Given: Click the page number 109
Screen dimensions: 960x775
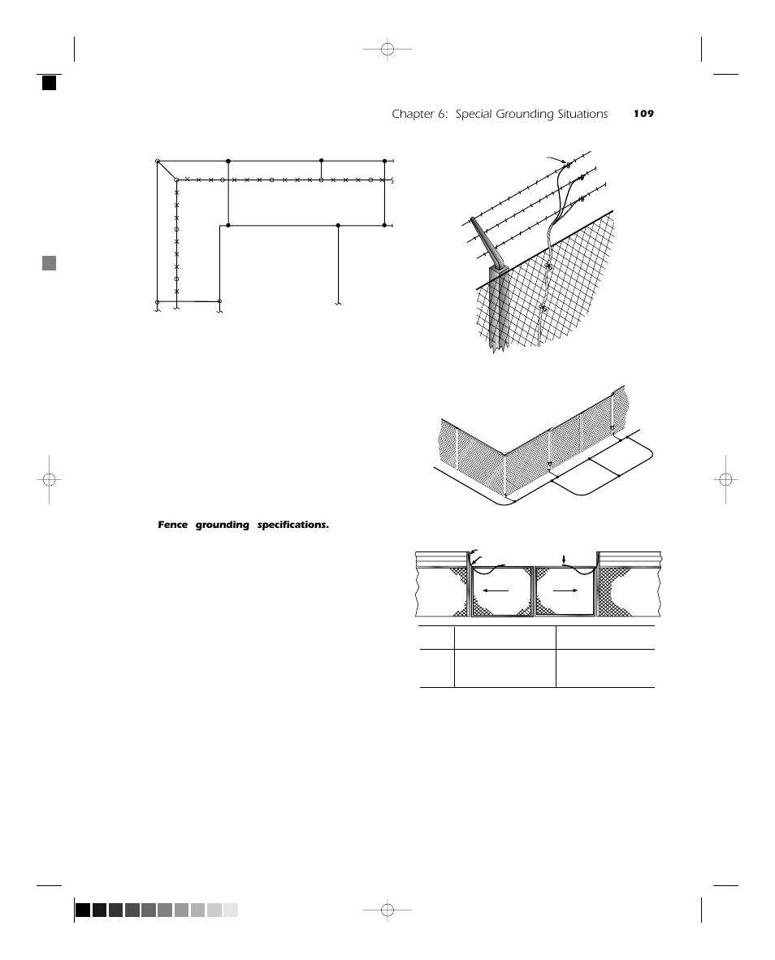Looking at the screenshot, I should pyautogui.click(x=643, y=115).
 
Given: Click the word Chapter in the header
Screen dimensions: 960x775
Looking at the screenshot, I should pyautogui.click(x=412, y=115).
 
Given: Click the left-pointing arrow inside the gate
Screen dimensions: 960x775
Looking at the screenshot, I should pyautogui.click(x=496, y=590).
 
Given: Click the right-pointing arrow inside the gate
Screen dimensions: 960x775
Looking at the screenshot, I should pyautogui.click(x=564, y=590).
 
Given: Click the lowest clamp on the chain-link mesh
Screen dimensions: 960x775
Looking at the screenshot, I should pyautogui.click(x=542, y=307).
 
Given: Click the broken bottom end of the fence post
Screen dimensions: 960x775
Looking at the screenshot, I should pyautogui.click(x=497, y=347).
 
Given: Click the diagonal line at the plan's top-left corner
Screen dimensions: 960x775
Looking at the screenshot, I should pyautogui.click(x=167, y=171).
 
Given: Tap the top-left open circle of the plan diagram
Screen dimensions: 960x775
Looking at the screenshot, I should pyautogui.click(x=158, y=162).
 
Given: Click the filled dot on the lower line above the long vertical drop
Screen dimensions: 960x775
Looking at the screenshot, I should pyautogui.click(x=338, y=225).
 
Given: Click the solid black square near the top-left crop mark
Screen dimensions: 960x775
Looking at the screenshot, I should pyautogui.click(x=50, y=82).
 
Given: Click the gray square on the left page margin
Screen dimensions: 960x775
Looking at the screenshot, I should pyautogui.click(x=50, y=263).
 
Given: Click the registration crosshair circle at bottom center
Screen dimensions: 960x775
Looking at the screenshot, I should pyautogui.click(x=387, y=910).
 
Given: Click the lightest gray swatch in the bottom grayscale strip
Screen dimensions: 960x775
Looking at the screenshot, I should pyautogui.click(x=231, y=910).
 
